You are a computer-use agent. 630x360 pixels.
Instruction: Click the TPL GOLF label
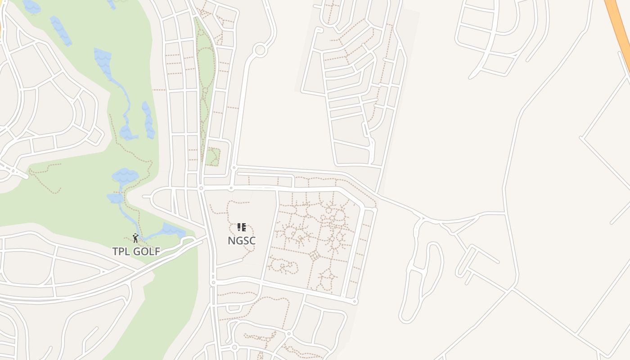(x=136, y=252)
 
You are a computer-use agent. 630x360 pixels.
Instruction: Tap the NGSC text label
(x=242, y=241)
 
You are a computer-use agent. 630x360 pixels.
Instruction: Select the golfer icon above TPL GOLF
(x=135, y=238)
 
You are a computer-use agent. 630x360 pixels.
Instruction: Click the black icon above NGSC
(x=242, y=227)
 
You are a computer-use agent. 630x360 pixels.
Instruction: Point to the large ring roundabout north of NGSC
(x=260, y=50)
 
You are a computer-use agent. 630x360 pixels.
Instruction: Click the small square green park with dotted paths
(x=212, y=157)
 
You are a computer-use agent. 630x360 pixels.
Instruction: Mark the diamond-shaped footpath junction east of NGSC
(x=315, y=256)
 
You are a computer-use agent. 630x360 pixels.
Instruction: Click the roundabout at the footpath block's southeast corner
(x=355, y=301)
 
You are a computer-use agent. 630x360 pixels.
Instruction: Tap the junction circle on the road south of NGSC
(x=213, y=283)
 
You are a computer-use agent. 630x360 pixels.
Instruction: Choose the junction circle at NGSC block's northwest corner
(x=201, y=188)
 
